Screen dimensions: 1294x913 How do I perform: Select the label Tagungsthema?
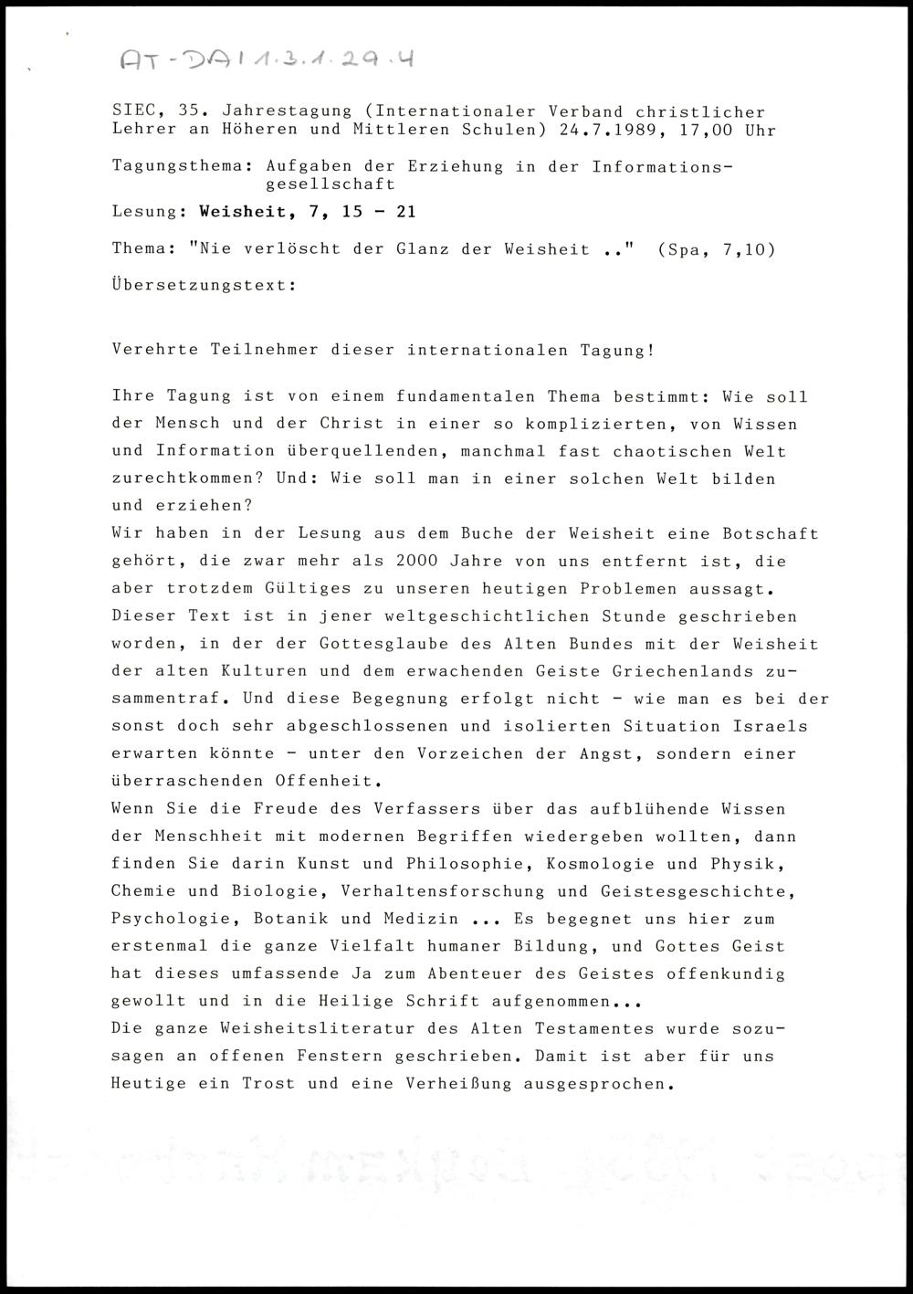pyautogui.click(x=182, y=166)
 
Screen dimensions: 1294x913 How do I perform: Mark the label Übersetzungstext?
pyautogui.click(x=204, y=285)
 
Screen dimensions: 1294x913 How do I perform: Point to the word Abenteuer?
pyautogui.click(x=453, y=973)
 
